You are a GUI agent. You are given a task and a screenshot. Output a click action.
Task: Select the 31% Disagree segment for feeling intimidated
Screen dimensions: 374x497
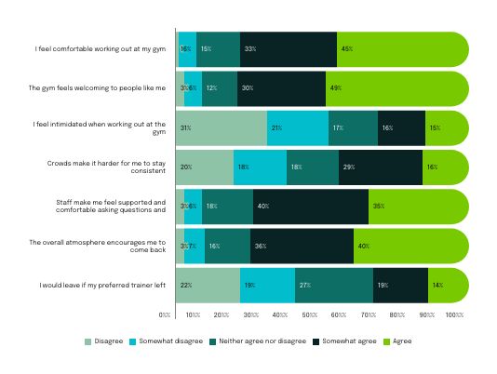click(222, 127)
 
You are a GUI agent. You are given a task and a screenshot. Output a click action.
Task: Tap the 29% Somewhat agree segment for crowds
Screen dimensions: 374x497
click(381, 167)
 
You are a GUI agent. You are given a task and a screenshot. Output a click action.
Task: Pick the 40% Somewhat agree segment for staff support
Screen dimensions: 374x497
click(311, 207)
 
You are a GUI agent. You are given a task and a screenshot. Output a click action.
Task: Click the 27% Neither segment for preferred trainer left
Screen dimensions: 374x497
click(334, 285)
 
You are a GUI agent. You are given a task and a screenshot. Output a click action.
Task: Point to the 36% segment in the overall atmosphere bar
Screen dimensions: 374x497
click(302, 246)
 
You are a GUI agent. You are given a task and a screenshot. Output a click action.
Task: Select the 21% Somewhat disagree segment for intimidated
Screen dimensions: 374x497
click(298, 127)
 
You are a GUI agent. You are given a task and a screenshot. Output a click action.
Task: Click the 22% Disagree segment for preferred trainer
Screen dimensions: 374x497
click(208, 285)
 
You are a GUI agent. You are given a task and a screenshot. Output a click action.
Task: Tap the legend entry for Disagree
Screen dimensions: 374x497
click(105, 341)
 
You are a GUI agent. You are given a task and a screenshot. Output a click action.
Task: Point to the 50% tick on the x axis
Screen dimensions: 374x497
click(310, 316)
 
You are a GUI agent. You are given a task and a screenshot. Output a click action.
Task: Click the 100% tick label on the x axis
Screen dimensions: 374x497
click(453, 316)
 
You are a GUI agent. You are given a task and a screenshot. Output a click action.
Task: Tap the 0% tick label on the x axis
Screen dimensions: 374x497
click(165, 316)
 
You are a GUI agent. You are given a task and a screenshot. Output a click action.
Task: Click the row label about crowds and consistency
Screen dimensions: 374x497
click(106, 167)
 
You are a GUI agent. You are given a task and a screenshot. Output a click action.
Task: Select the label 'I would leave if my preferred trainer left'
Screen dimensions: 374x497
click(101, 285)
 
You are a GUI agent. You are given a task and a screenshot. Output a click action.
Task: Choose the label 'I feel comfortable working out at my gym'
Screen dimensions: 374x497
click(101, 48)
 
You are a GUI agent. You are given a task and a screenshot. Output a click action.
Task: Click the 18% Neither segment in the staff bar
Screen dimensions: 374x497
click(227, 207)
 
